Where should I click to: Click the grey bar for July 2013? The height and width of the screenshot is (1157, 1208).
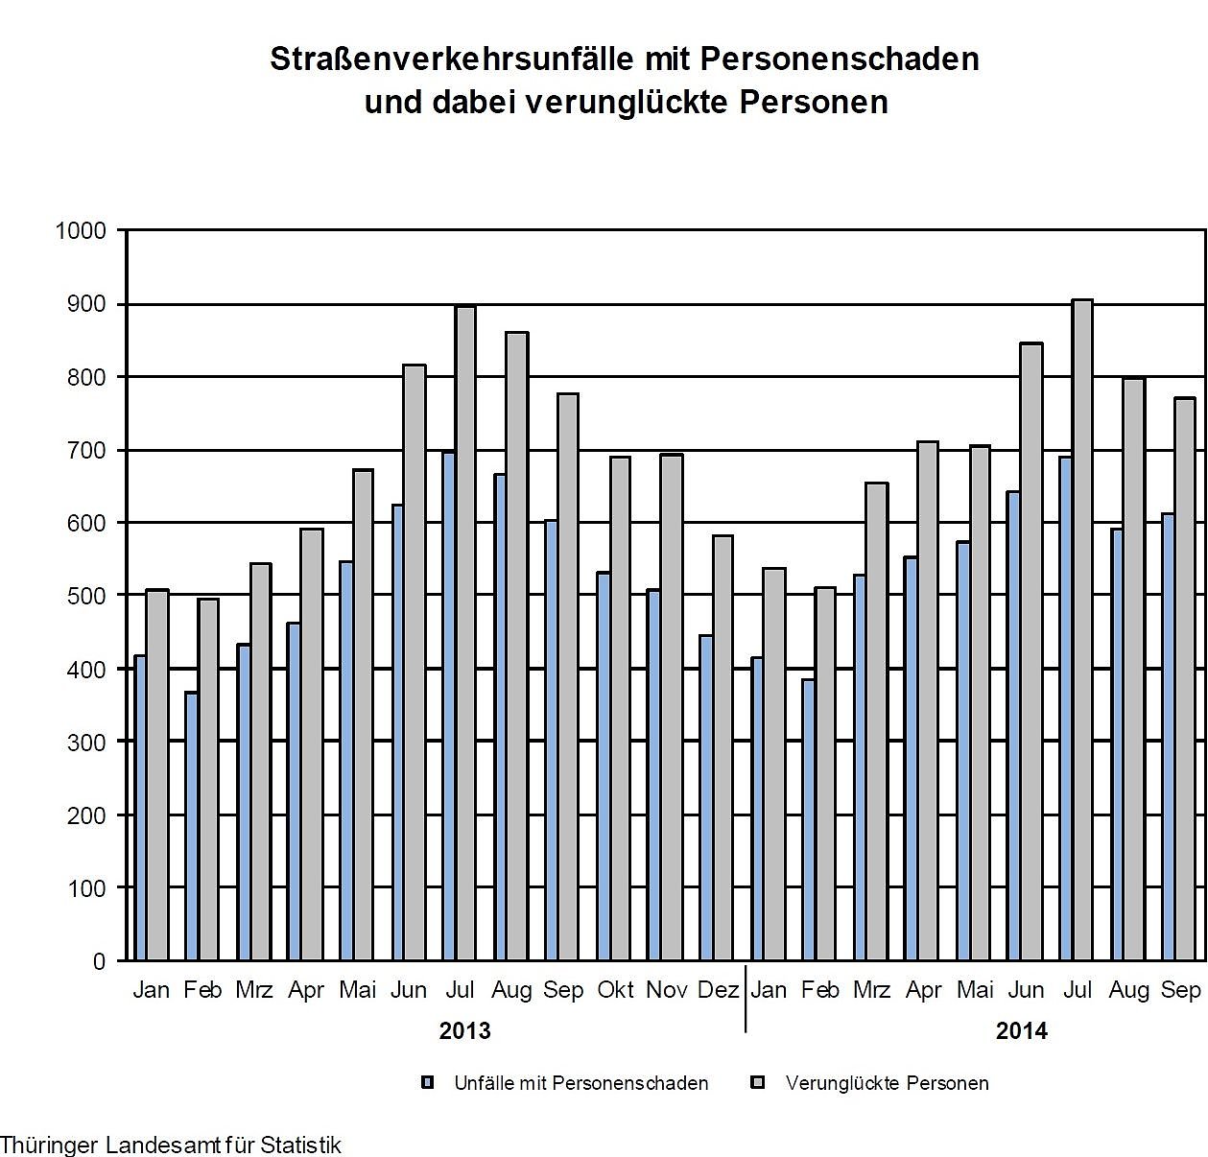click(465, 633)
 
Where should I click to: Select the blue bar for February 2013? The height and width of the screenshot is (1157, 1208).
click(191, 825)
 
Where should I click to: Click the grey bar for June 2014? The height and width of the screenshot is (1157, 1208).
click(1030, 652)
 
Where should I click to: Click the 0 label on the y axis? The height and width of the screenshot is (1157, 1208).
click(99, 961)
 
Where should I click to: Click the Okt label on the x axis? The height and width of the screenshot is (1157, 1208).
click(615, 990)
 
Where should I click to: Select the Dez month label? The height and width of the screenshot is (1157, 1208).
click(719, 990)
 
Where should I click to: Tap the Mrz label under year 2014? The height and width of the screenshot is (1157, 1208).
click(871, 990)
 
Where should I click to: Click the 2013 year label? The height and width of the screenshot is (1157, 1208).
click(464, 1031)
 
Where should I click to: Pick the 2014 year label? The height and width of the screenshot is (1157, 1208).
click(1022, 1031)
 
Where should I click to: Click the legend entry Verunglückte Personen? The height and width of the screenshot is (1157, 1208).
click(887, 1083)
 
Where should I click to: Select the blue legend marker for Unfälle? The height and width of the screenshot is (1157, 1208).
click(428, 1082)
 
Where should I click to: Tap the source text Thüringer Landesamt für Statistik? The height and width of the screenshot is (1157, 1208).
click(171, 1145)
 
